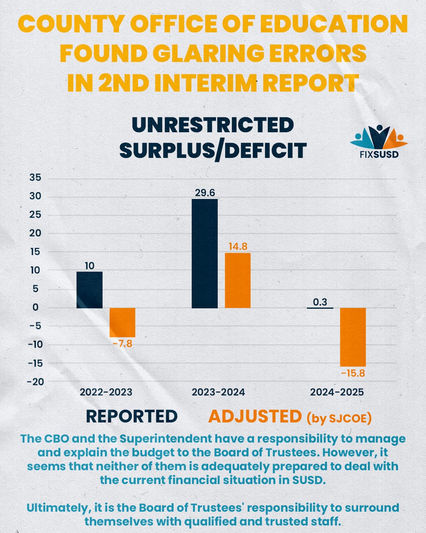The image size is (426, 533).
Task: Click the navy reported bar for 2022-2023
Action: [90, 290]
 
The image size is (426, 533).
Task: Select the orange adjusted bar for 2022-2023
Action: [123, 323]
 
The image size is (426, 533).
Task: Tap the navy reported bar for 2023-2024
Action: [205, 253]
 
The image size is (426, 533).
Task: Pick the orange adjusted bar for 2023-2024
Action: [237, 281]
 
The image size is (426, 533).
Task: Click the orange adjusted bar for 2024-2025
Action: [353, 337]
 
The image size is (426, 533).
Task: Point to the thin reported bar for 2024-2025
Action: [320, 308]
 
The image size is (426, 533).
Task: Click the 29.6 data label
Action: [205, 193]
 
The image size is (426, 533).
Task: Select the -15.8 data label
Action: [353, 373]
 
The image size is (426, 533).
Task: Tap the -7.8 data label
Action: [123, 344]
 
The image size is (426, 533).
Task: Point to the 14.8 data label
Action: [238, 247]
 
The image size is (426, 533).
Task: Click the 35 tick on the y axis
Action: [35, 178]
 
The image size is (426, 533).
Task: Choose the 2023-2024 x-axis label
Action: [218, 392]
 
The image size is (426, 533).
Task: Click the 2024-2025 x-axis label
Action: [337, 392]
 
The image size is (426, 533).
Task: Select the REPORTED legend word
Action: [132, 417]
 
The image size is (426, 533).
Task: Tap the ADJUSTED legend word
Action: [255, 417]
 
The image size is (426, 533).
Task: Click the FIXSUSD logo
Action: [379, 142]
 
